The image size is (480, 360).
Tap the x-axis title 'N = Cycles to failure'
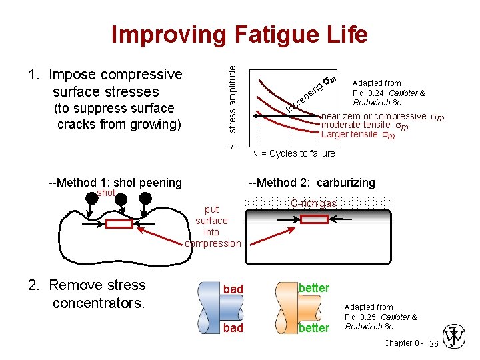(x=293, y=154)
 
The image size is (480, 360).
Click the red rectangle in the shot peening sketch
(x=119, y=224)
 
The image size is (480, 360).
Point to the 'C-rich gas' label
(x=313, y=203)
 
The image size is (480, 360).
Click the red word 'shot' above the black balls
(x=106, y=193)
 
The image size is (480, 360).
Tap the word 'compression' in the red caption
(x=213, y=243)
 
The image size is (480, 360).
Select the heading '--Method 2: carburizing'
(x=311, y=183)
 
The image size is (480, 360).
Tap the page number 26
(x=433, y=344)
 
